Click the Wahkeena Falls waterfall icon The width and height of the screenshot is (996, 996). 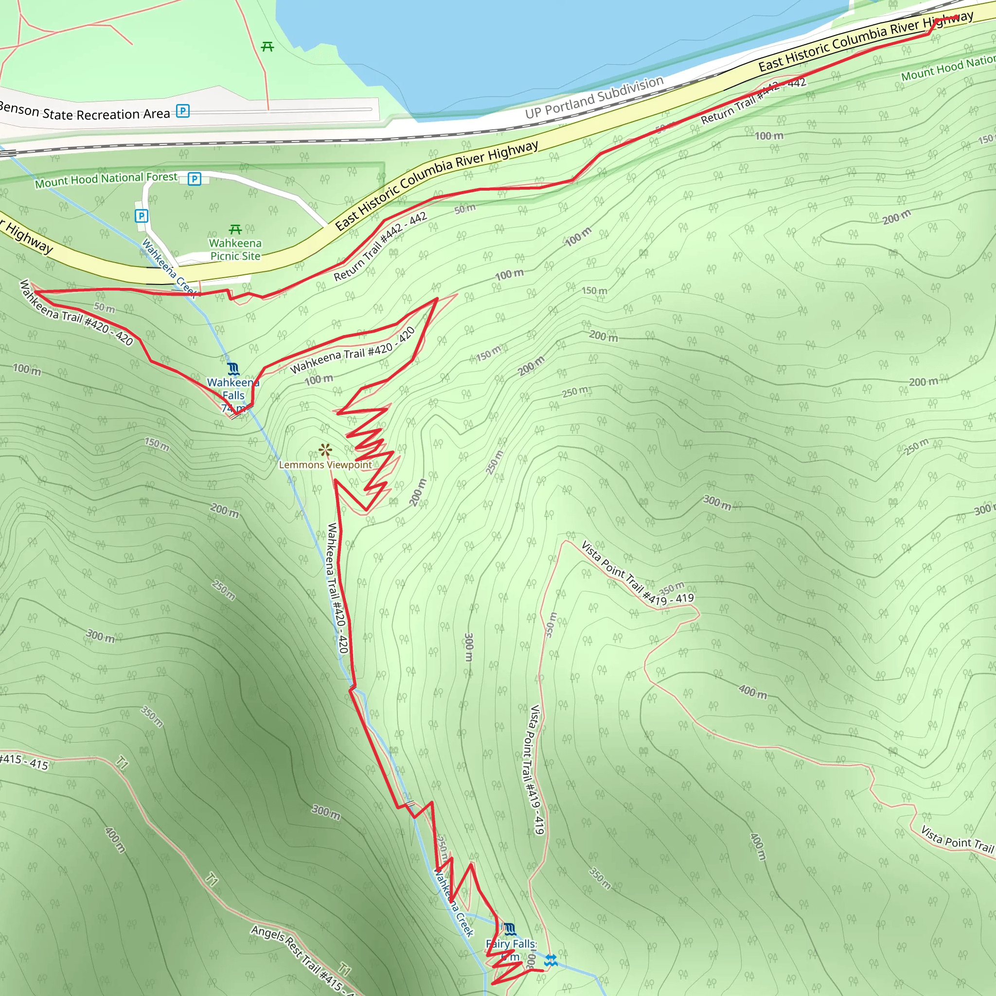click(233, 369)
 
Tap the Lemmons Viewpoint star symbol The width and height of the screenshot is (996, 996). click(325, 450)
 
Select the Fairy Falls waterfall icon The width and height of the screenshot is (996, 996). click(509, 929)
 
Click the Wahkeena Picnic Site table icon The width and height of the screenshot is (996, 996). click(235, 229)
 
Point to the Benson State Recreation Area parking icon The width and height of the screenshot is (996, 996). click(183, 111)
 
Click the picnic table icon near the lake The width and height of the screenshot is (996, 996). click(267, 47)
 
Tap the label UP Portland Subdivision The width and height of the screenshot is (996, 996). click(594, 97)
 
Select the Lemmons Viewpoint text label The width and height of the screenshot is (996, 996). click(325, 465)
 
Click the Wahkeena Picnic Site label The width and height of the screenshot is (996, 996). click(235, 249)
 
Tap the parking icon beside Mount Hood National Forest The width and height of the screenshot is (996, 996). click(195, 179)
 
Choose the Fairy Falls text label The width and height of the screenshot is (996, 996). click(511, 944)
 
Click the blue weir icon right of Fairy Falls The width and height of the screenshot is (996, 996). click(551, 960)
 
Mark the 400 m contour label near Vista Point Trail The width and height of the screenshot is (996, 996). click(752, 692)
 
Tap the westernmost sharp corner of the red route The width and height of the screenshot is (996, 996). click(34, 292)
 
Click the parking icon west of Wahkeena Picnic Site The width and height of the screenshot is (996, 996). click(141, 216)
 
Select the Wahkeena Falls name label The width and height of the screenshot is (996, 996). click(233, 389)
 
